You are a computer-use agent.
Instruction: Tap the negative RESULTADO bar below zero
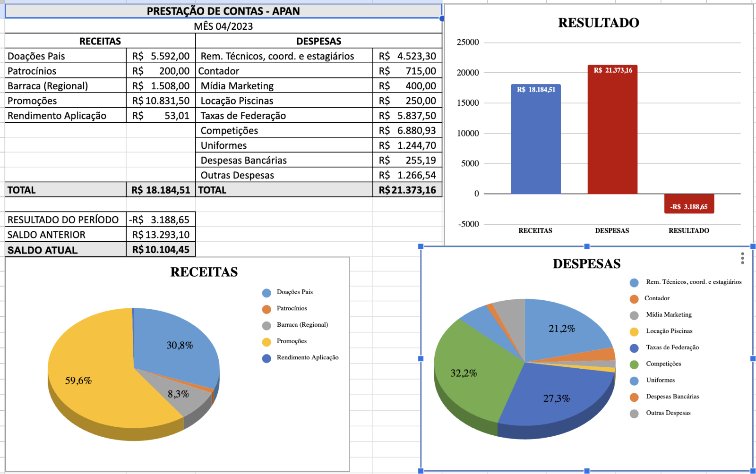pyautogui.click(x=689, y=203)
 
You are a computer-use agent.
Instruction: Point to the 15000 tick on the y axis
pyautogui.click(x=468, y=103)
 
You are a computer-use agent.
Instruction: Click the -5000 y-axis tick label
pyautogui.click(x=468, y=224)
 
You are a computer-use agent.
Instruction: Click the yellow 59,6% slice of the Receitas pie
pyautogui.click(x=94, y=378)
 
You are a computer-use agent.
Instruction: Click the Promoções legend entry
pyautogui.click(x=291, y=341)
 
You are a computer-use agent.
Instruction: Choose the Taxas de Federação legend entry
pyautogui.click(x=672, y=347)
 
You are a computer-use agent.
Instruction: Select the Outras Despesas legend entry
pyautogui.click(x=668, y=413)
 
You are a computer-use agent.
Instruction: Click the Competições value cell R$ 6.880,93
pyautogui.click(x=407, y=131)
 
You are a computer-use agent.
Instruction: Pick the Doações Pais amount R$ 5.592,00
pyautogui.click(x=161, y=56)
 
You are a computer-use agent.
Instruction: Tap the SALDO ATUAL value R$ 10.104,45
pyautogui.click(x=161, y=250)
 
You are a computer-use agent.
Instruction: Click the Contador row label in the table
pyautogui.click(x=219, y=71)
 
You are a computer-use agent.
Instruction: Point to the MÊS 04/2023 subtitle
pyautogui.click(x=223, y=26)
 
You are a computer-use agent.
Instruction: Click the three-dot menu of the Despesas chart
pyautogui.click(x=742, y=258)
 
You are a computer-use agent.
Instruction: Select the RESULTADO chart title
pyautogui.click(x=598, y=23)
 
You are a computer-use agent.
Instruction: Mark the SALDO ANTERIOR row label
pyautogui.click(x=46, y=235)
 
